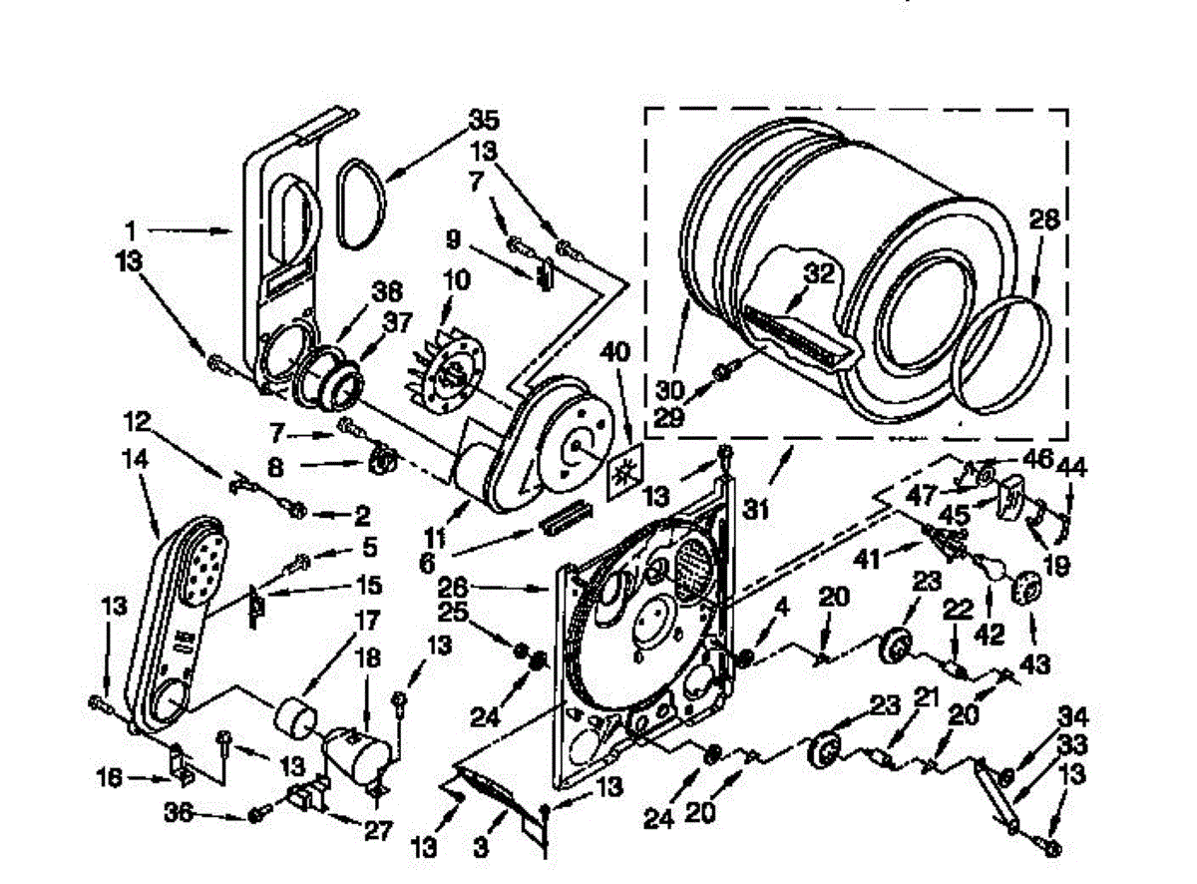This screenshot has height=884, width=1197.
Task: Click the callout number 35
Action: point(484,123)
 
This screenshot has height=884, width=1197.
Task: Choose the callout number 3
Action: point(482,850)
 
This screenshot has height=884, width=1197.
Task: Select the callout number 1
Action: point(131,229)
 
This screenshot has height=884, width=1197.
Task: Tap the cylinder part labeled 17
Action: point(293,714)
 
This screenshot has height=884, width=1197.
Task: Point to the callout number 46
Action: point(1038,461)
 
